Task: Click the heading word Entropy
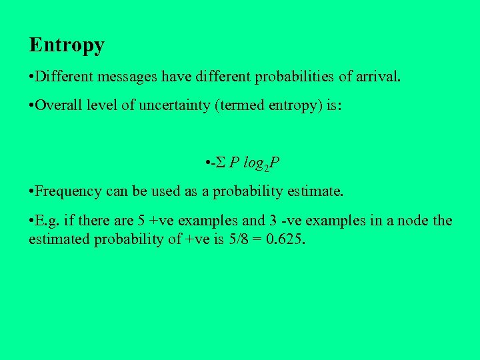tap(67, 45)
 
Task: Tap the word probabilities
tap(294, 77)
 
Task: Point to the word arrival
tap(379, 77)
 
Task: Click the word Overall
tap(57, 107)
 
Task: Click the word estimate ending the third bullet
tap(316, 192)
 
